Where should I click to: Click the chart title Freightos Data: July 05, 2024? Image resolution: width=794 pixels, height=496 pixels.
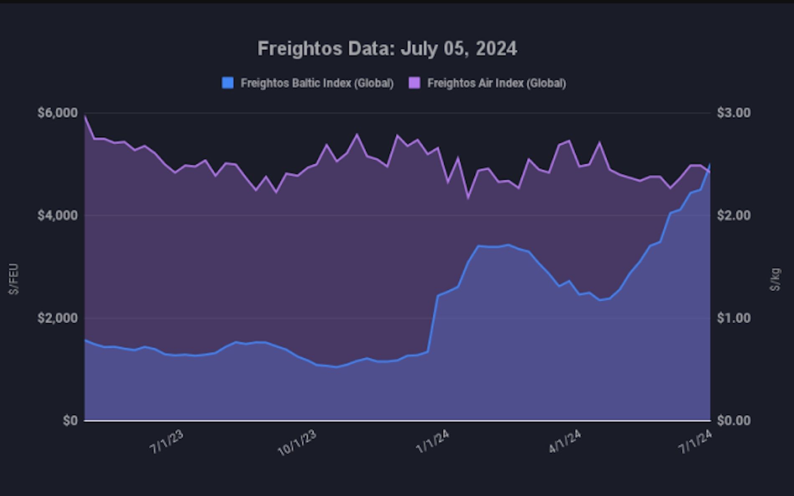tap(387, 48)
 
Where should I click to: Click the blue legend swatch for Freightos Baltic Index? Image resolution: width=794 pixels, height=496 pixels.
tap(228, 83)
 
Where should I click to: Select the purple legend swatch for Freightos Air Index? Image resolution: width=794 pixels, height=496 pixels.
tap(414, 83)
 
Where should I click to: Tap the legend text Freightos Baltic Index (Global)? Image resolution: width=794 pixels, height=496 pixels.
tap(317, 83)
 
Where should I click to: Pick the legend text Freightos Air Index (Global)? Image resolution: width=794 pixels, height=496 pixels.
tap(496, 83)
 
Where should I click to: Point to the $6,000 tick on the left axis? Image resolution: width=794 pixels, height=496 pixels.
tap(58, 113)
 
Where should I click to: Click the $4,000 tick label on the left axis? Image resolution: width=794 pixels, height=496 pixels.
tap(58, 215)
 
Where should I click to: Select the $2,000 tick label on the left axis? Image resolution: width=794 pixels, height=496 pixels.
tap(58, 318)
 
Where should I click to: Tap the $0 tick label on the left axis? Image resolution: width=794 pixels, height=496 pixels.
tap(70, 420)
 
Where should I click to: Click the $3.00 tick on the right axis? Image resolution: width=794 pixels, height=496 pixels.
tap(734, 113)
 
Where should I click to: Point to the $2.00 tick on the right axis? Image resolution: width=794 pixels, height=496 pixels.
tap(734, 215)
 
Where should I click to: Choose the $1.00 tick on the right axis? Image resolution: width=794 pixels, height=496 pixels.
tap(734, 318)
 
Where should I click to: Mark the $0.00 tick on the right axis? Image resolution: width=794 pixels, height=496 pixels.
tap(734, 420)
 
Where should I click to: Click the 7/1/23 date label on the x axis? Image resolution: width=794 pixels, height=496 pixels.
tap(166, 442)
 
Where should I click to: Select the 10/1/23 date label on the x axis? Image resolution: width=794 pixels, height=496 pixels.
tap(297, 443)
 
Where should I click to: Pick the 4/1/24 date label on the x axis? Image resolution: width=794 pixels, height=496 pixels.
tap(565, 442)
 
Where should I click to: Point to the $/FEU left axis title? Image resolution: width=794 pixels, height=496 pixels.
tap(14, 279)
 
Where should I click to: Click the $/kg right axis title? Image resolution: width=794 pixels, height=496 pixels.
tap(776, 279)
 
